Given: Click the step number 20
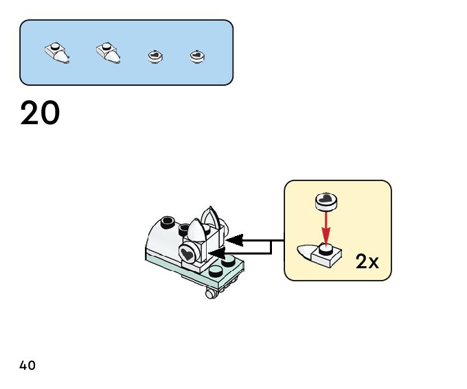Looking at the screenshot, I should coord(41,113).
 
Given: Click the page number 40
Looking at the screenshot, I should coord(27,365).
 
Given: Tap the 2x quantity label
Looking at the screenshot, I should coord(367,261).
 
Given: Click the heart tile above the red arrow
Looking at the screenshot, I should coord(326,201).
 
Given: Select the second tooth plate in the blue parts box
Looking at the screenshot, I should coord(108,52).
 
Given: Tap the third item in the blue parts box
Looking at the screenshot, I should coord(156,56).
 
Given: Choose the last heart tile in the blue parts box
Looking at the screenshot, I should coord(197,56).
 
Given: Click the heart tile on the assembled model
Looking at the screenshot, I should coord(187,254).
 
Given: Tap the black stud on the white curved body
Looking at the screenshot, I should coord(166,222).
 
